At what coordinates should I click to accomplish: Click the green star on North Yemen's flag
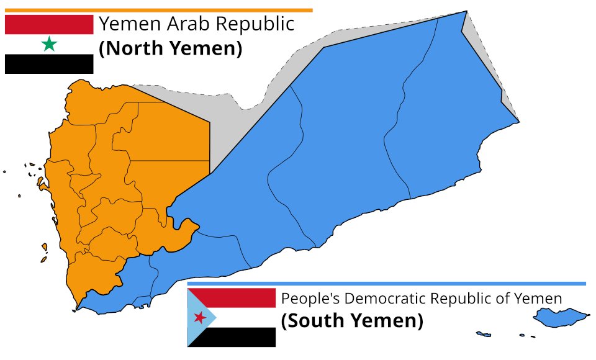tap(49, 44)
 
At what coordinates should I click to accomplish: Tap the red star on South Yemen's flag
tap(200, 318)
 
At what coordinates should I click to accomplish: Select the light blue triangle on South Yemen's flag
tap(197, 317)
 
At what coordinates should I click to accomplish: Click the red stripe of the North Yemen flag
tap(49, 24)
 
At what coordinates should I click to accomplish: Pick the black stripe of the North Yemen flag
tap(49, 64)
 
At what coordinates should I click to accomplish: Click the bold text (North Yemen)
tap(170, 48)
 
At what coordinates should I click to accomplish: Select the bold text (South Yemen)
tap(352, 322)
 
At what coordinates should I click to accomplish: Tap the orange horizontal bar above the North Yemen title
tap(158, 10)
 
